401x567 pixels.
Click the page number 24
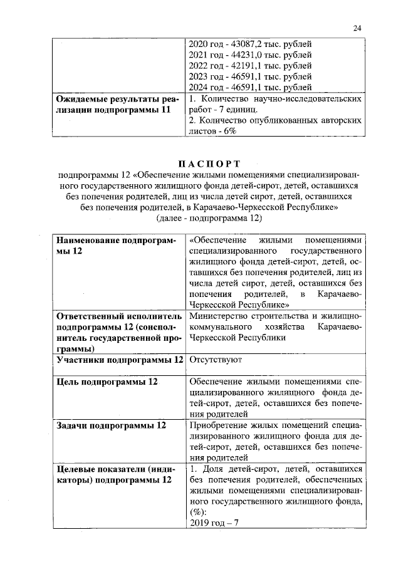point(357,28)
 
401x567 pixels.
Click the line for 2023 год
point(250,78)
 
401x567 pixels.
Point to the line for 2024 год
point(250,88)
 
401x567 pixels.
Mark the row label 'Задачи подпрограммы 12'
point(111,425)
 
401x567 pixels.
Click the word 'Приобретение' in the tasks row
point(217,425)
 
